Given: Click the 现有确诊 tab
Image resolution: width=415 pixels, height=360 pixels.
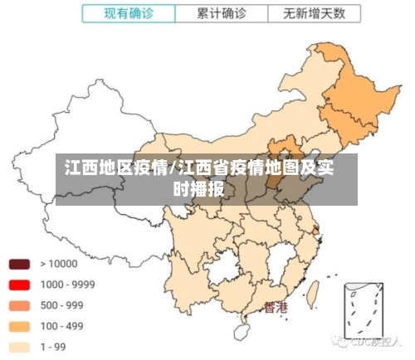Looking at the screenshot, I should click(x=129, y=13).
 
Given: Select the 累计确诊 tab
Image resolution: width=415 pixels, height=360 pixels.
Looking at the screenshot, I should click(x=222, y=13).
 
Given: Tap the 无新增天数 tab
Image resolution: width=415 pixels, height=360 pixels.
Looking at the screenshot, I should click(x=315, y=13).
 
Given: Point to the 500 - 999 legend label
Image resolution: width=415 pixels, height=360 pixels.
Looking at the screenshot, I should click(x=62, y=305).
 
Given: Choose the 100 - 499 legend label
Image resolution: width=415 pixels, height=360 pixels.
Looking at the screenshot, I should click(x=62, y=326).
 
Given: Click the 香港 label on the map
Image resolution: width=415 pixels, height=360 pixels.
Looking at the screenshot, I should click(x=275, y=308).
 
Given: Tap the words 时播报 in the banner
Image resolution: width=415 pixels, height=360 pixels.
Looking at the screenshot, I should click(x=198, y=188).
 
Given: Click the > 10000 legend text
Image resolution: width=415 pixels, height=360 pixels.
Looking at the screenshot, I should click(x=58, y=264).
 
